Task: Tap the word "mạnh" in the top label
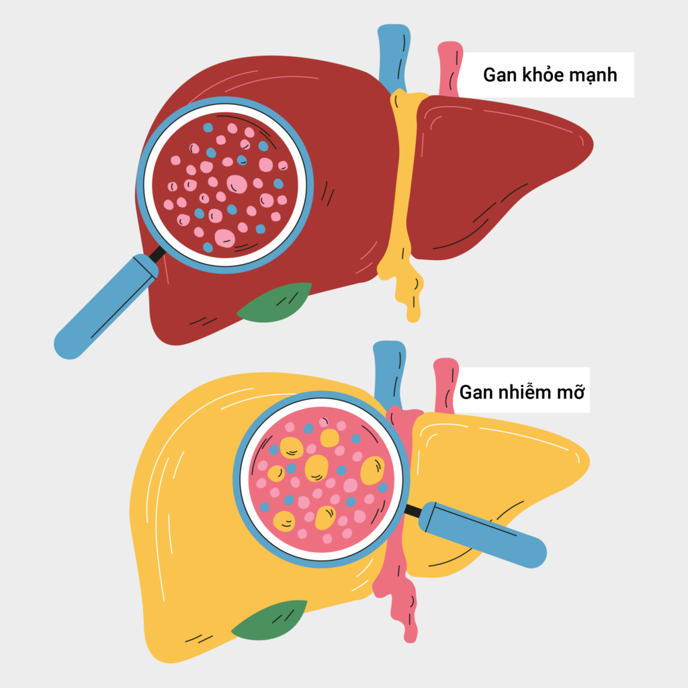(x=592, y=75)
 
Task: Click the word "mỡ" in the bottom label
(x=571, y=392)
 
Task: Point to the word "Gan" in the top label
(x=499, y=75)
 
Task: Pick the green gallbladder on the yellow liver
(x=269, y=620)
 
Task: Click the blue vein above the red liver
(x=394, y=57)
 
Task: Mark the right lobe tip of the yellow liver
(x=586, y=461)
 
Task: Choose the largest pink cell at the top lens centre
(x=237, y=184)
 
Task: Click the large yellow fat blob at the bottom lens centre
(x=316, y=468)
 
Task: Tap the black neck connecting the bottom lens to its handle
(x=413, y=511)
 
